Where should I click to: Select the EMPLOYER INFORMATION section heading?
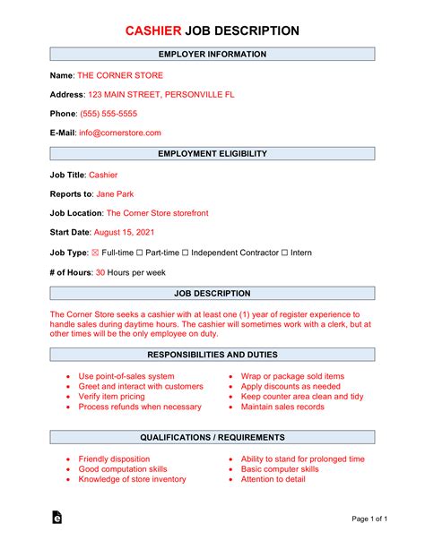[212, 54]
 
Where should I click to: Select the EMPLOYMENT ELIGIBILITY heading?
[212, 153]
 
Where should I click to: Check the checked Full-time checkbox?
[94, 253]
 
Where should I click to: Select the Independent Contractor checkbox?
[186, 253]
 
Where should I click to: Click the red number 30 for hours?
[100, 272]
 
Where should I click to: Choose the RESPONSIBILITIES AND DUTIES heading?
[212, 355]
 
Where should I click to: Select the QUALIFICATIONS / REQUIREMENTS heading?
[212, 437]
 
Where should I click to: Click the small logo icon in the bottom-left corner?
[56, 518]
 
